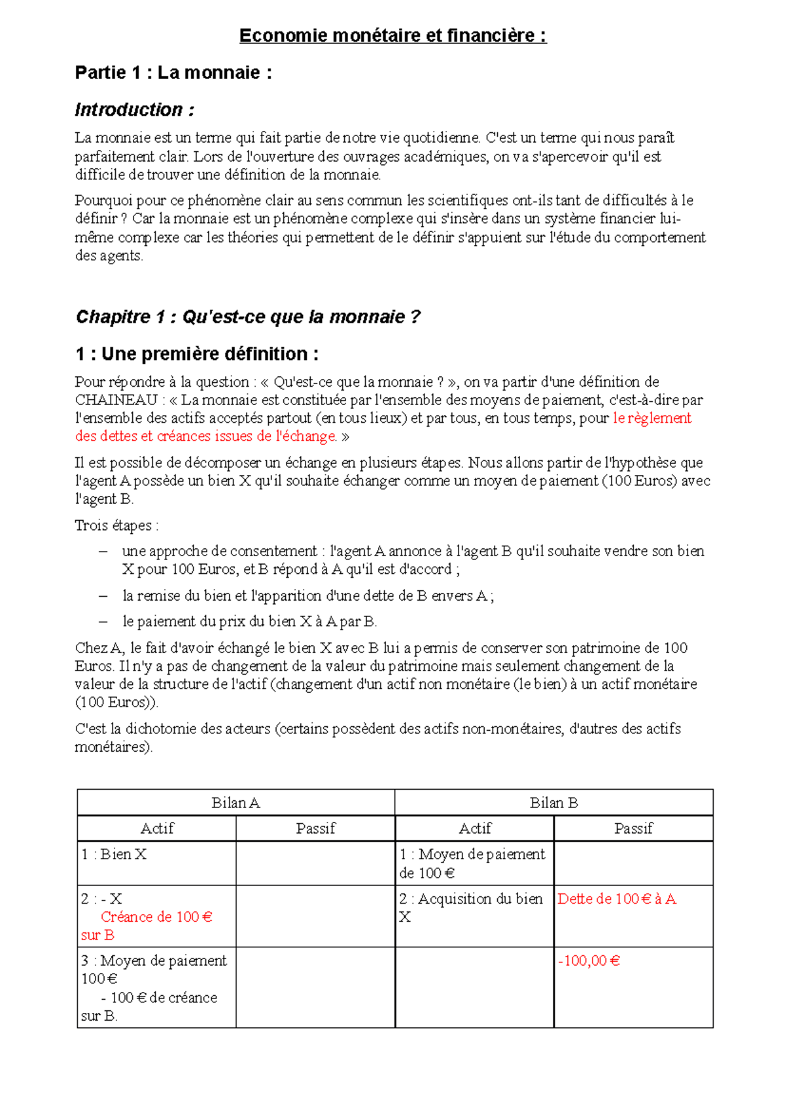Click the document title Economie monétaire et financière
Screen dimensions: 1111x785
tap(392, 35)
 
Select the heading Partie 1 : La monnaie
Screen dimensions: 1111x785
tap(173, 73)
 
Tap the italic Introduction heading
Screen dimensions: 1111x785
tap(134, 110)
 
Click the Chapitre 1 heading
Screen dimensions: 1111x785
tap(248, 317)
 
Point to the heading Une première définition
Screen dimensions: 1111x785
tap(197, 354)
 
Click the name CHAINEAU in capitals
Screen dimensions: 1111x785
tap(116, 400)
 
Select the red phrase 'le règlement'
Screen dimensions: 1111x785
tap(652, 418)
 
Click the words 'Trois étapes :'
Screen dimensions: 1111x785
tap(116, 525)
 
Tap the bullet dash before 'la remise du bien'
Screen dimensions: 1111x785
tap(103, 596)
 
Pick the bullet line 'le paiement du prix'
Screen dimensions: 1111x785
tap(249, 622)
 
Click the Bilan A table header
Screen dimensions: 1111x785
tap(235, 803)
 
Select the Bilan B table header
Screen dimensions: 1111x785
tap(553, 803)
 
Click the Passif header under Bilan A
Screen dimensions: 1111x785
tap(315, 828)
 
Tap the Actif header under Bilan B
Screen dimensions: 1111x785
tap(474, 828)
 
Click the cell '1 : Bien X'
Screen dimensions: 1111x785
tap(114, 855)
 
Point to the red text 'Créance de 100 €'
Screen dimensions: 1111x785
tap(156, 917)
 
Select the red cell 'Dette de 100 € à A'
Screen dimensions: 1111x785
tap(616, 899)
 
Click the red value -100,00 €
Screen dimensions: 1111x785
tap(589, 961)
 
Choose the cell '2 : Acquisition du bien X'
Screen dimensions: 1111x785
tap(471, 908)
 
